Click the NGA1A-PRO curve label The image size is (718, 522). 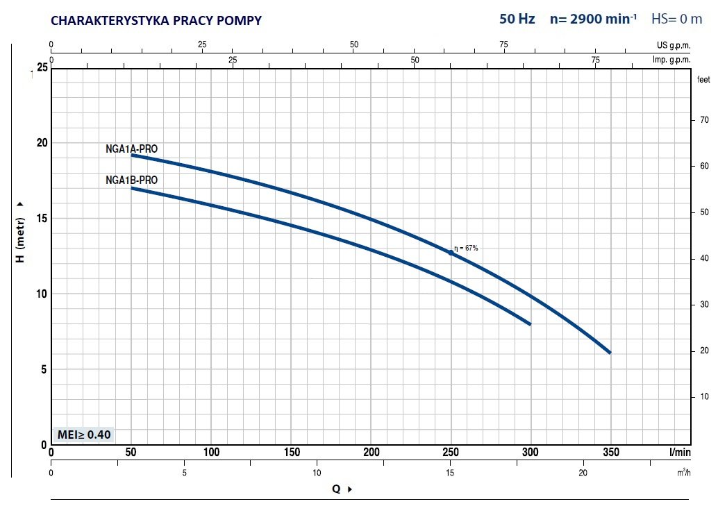point(131,149)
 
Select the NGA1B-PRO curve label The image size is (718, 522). point(131,180)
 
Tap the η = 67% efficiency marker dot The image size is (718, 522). point(451,253)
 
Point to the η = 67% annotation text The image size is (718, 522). point(466,249)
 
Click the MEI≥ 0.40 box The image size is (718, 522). point(84,434)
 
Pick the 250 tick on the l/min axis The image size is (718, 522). point(451,453)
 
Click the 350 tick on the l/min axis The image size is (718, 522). point(611,453)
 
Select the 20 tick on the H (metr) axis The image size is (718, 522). point(42,143)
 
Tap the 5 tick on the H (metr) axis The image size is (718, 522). point(44,369)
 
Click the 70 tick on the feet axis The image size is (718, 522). point(704,120)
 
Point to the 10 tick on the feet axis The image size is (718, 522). point(704,396)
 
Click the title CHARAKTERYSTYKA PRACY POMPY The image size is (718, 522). point(156,21)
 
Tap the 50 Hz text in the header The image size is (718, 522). point(517,19)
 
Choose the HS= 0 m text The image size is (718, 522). point(677,19)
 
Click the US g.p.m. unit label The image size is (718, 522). point(674,45)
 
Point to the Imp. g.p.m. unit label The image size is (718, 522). point(671,60)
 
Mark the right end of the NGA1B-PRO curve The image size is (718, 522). point(531,324)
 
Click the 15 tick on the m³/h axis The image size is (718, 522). point(450,473)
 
